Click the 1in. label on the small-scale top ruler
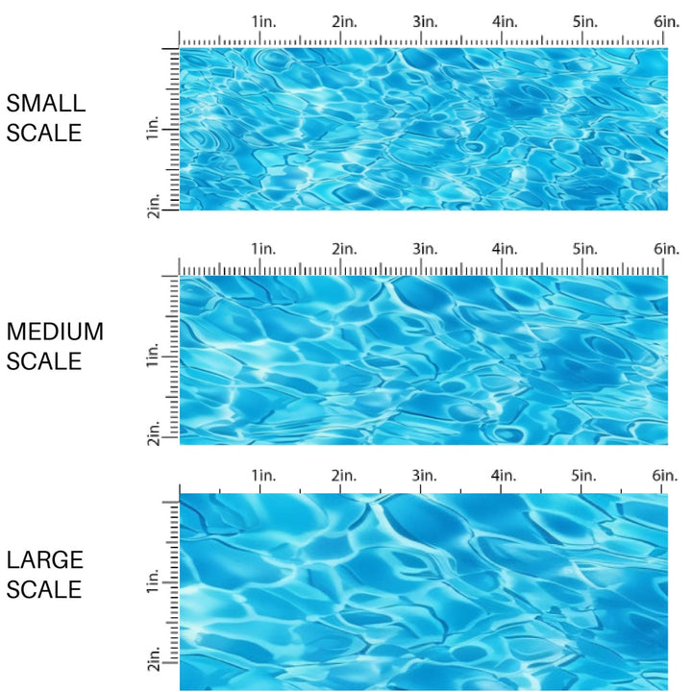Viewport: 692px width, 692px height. pyautogui.click(x=263, y=22)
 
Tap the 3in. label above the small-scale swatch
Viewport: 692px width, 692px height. pyautogui.click(x=425, y=22)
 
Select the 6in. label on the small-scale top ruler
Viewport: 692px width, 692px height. pyautogui.click(x=666, y=22)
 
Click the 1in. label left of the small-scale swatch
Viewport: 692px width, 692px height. pyautogui.click(x=154, y=129)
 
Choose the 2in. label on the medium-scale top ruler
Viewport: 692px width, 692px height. pyautogui.click(x=344, y=249)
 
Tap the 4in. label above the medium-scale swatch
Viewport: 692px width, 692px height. pyautogui.click(x=506, y=249)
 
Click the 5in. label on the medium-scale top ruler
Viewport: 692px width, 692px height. pyautogui.click(x=586, y=249)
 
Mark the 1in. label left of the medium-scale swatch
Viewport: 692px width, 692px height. pyautogui.click(x=154, y=358)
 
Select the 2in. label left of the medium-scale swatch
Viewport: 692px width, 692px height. pyautogui.click(x=154, y=432)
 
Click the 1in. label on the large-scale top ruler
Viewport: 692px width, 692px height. pyautogui.click(x=263, y=476)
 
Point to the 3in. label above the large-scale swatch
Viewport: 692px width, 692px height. pyautogui.click(x=425, y=476)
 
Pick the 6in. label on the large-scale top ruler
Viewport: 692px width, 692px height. pyautogui.click(x=666, y=476)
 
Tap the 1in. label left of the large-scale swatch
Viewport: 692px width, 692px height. pyautogui.click(x=154, y=582)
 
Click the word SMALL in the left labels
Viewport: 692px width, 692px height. pyautogui.click(x=46, y=104)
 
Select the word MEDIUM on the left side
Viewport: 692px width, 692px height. pyautogui.click(x=55, y=333)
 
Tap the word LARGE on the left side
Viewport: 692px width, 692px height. pyautogui.click(x=45, y=559)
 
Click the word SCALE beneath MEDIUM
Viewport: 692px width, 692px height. pyautogui.click(x=45, y=361)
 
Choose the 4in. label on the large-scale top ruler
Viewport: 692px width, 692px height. pyautogui.click(x=506, y=476)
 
